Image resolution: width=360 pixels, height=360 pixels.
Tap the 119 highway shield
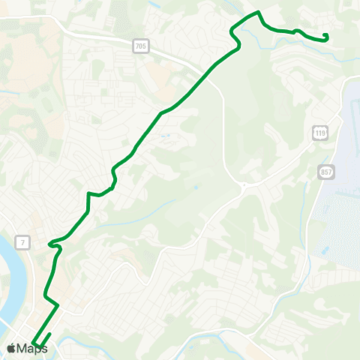click(320, 133)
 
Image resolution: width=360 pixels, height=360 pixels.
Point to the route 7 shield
click(24, 242)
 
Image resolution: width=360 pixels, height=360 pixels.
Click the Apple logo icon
click(11, 348)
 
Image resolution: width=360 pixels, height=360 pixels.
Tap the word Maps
click(32, 348)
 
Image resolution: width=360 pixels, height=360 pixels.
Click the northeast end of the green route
click(327, 35)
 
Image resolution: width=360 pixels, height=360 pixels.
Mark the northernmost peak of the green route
click(258, 12)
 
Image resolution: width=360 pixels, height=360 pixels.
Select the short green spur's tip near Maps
click(50, 334)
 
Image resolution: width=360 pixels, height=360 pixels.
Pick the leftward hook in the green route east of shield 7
click(50, 244)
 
